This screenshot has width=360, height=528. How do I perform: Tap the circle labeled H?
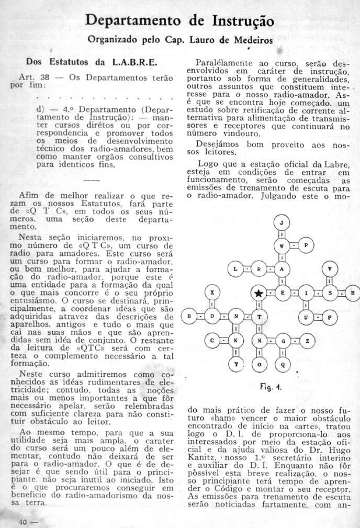[x=352, y=293]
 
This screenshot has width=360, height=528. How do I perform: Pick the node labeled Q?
[x=283, y=363]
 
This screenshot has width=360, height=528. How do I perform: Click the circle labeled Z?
[x=307, y=340]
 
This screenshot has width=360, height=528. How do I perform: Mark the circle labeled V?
[x=329, y=269]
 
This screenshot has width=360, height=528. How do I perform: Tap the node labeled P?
[x=307, y=245]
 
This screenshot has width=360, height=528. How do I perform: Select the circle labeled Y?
[x=236, y=363]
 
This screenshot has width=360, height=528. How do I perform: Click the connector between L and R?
[x=248, y=269]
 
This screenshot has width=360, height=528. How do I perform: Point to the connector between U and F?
[x=317, y=317]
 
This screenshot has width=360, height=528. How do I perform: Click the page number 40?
[x=23, y=521]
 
